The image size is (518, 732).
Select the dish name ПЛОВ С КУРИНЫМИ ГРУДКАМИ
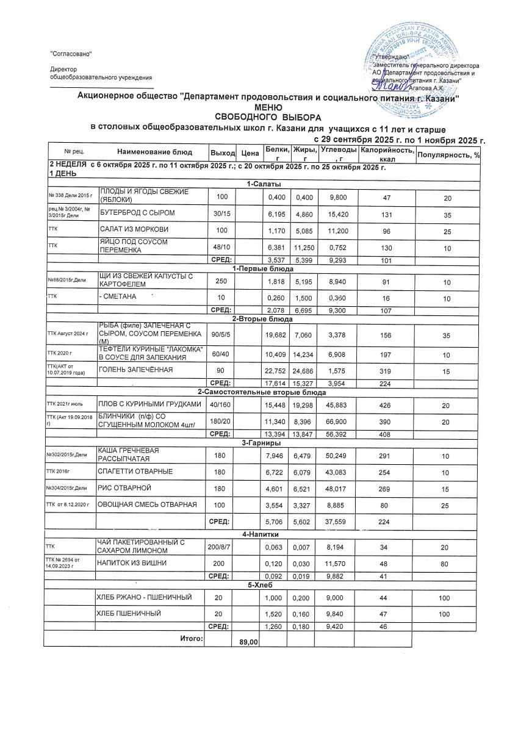tap(150, 404)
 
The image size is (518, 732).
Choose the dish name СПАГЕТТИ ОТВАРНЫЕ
tap(135, 472)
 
